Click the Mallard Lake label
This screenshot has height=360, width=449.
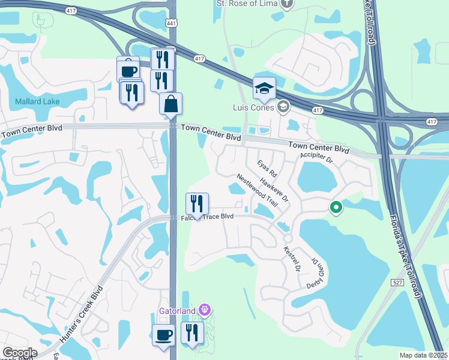[x=37, y=101]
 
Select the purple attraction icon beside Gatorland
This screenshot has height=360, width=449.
[x=205, y=310]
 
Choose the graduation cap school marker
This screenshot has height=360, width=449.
[x=264, y=88]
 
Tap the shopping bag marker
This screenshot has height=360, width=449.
[x=171, y=103]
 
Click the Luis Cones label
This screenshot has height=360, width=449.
[x=254, y=107]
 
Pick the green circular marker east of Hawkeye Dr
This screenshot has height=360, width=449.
[x=336, y=208]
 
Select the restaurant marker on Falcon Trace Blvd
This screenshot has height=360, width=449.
[x=197, y=204]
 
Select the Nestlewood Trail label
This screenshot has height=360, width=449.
[x=258, y=190]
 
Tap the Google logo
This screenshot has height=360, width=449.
[x=19, y=353]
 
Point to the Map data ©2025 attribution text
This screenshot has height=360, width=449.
[x=423, y=355]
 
